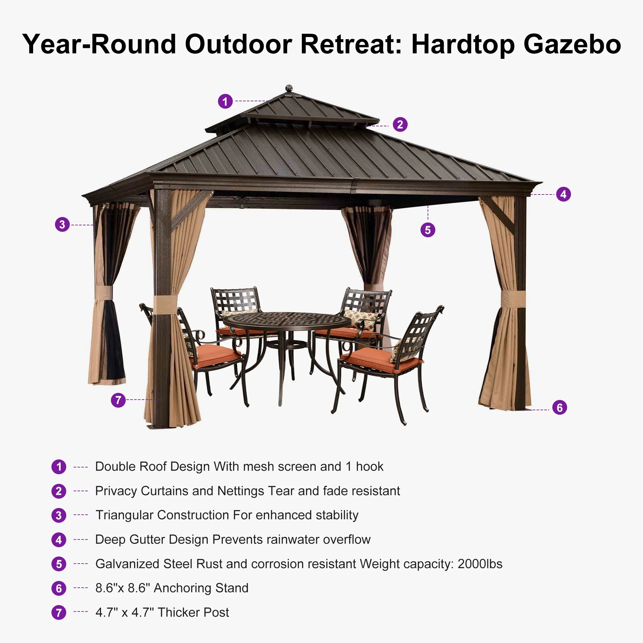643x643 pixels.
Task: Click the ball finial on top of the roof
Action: [x=289, y=88]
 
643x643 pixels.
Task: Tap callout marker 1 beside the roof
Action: [x=225, y=101]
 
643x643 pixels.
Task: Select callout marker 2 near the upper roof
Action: [x=400, y=124]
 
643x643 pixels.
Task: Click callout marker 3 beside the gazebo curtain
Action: [x=62, y=225]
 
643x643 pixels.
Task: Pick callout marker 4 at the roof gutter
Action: [x=564, y=194]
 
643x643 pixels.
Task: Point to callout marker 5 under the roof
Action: [x=428, y=230]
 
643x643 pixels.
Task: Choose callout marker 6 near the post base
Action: [x=559, y=407]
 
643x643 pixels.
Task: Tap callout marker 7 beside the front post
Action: [x=118, y=400]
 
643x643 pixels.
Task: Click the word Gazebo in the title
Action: [x=572, y=44]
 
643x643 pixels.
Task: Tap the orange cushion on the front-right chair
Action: [x=382, y=360]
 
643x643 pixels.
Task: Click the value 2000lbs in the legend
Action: [x=480, y=564]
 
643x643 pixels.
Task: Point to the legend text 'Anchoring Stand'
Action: [x=201, y=588]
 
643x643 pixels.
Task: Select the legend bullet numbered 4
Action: [x=59, y=539]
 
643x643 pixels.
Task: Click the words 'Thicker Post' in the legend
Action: [x=193, y=612]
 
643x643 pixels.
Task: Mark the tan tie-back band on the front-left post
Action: [x=165, y=305]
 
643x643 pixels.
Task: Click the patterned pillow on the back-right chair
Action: [x=361, y=319]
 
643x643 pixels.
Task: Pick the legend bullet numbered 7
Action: [x=59, y=613]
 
